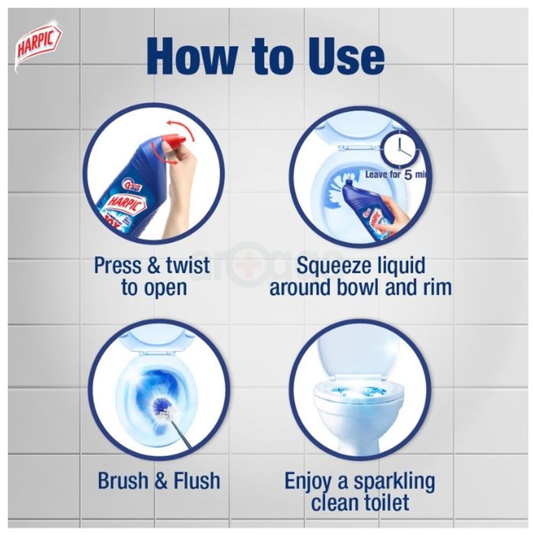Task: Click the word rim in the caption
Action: coord(434,287)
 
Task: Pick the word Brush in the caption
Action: coord(124,480)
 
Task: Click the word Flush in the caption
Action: coord(195,480)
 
